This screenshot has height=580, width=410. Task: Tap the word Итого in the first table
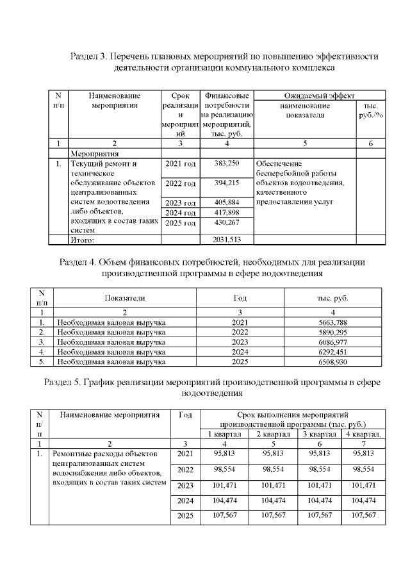coord(82,240)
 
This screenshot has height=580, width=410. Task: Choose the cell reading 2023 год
coord(180,203)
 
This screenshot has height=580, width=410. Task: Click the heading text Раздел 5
coord(63,383)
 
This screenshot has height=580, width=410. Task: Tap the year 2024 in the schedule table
coord(184,500)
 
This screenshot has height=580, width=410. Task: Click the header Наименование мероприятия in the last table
coord(110,415)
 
